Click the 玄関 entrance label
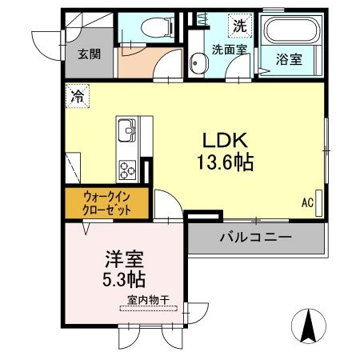(x=88, y=54)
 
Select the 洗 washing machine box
(x=239, y=26)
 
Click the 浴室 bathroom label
(x=290, y=59)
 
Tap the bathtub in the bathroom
(x=291, y=32)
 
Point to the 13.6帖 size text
(x=225, y=162)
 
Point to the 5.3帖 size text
(x=123, y=281)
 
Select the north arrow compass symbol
(x=309, y=326)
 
